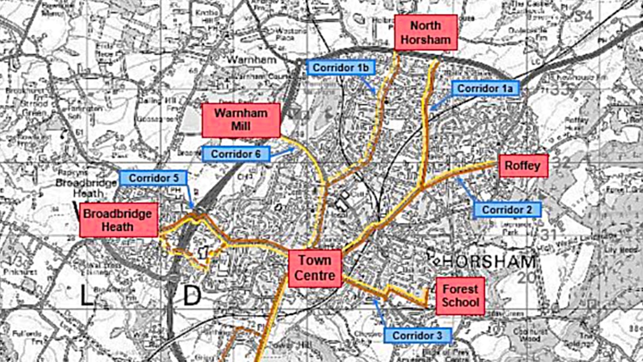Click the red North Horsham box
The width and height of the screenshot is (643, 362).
[x=425, y=32]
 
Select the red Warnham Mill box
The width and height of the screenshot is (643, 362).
[x=241, y=120]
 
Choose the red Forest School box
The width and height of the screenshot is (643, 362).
[x=460, y=296]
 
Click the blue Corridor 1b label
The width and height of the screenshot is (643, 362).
[x=340, y=67]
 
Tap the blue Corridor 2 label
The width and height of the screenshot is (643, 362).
[x=507, y=209]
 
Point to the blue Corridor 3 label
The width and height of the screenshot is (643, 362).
[x=418, y=335]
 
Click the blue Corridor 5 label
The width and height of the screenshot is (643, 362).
[x=153, y=178]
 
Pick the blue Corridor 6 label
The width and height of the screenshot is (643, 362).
[x=235, y=154]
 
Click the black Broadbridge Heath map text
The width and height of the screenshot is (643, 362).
[x=86, y=188]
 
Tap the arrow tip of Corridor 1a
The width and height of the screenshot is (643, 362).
[x=430, y=110]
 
